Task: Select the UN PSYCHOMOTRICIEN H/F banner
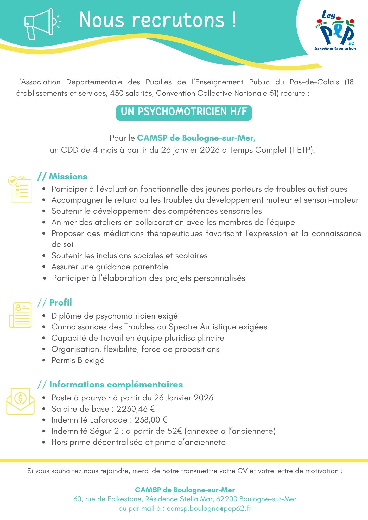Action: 184,112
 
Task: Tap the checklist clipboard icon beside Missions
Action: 20,189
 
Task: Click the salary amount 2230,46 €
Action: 135,409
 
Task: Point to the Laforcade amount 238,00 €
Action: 151,420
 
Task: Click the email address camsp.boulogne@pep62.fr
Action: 209,508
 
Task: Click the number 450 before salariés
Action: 117,93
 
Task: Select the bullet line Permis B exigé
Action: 78,360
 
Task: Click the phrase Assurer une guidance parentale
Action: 110,267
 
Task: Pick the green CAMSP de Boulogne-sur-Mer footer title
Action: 185,490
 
